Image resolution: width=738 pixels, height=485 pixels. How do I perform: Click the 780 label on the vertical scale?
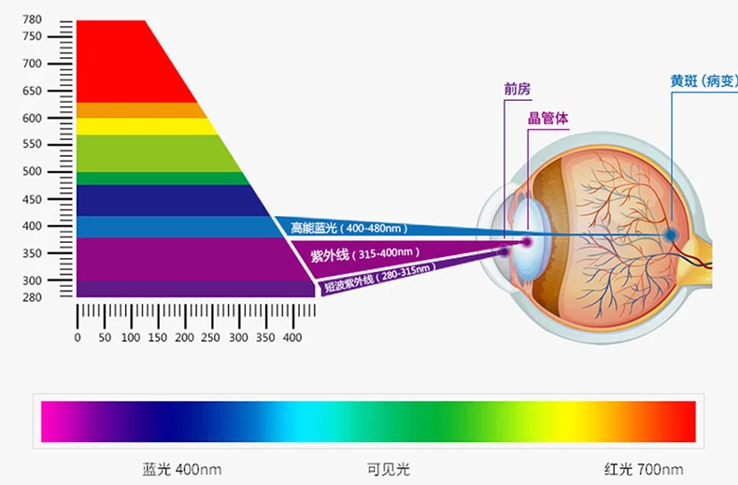tap(32, 20)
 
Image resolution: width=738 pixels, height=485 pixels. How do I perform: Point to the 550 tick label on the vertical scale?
tap(32, 144)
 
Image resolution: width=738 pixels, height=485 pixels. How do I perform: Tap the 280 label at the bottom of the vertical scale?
tap(32, 297)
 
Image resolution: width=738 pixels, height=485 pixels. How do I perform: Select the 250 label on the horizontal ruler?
tap(210, 337)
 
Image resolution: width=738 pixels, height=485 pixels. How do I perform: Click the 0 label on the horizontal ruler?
tap(78, 337)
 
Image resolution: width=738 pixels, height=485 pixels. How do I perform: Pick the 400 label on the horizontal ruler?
tap(292, 337)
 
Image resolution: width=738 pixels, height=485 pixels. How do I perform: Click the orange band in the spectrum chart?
tap(141, 110)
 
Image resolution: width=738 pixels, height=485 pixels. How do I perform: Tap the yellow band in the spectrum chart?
tap(147, 127)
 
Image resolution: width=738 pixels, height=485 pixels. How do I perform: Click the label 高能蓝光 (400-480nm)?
tap(348, 228)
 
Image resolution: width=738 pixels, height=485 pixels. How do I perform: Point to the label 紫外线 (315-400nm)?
tap(364, 255)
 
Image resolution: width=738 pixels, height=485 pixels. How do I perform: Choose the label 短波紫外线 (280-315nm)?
tap(379, 278)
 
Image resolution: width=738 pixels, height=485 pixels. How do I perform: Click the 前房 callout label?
tap(518, 89)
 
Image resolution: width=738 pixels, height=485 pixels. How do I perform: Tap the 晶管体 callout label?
tap(547, 118)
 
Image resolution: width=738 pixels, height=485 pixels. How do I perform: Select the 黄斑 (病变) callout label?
tap(703, 81)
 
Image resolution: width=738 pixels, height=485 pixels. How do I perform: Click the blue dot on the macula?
tap(671, 235)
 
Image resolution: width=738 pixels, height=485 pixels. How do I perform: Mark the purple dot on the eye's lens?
tap(527, 242)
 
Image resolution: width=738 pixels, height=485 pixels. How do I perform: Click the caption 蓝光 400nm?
tap(181, 469)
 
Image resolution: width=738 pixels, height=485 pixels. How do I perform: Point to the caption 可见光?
tap(389, 469)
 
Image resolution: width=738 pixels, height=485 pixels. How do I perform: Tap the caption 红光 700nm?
tap(644, 469)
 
